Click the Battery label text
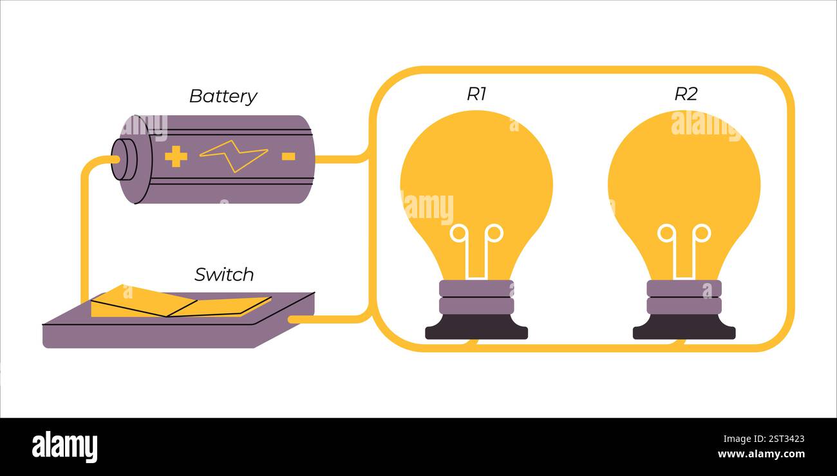(x=223, y=96)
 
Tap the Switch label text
(x=224, y=275)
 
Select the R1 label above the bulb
(x=476, y=94)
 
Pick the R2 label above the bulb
(x=686, y=94)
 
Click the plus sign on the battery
(x=176, y=156)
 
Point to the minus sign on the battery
(x=288, y=156)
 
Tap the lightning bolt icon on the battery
(x=233, y=156)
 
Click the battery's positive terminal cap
(x=123, y=160)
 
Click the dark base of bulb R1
(x=476, y=328)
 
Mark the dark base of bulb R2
(x=684, y=328)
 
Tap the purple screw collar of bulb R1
(x=476, y=297)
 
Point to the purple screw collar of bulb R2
(x=684, y=297)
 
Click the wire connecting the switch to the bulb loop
(x=328, y=319)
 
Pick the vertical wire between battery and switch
(x=84, y=232)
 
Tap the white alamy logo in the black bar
(x=64, y=446)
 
